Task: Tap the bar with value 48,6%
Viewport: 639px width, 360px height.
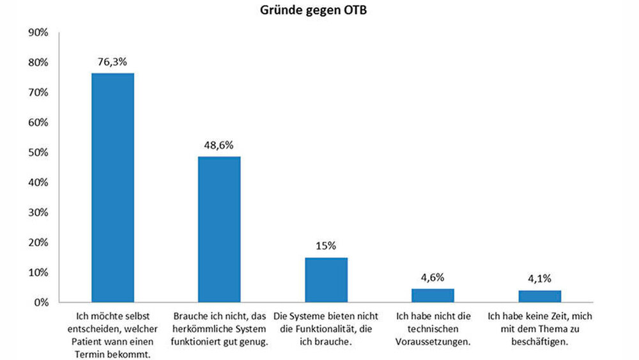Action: click(219, 229)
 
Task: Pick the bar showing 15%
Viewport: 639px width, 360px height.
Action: click(326, 279)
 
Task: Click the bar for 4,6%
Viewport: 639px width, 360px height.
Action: click(433, 295)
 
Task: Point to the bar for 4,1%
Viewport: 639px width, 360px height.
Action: click(539, 295)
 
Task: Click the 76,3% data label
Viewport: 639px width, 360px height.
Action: click(113, 62)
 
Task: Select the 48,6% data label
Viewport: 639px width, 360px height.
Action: click(219, 145)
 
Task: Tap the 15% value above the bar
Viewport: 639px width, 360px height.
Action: click(326, 246)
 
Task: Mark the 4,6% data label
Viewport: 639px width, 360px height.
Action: click(433, 278)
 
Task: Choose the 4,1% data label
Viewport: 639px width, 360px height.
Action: click(539, 279)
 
